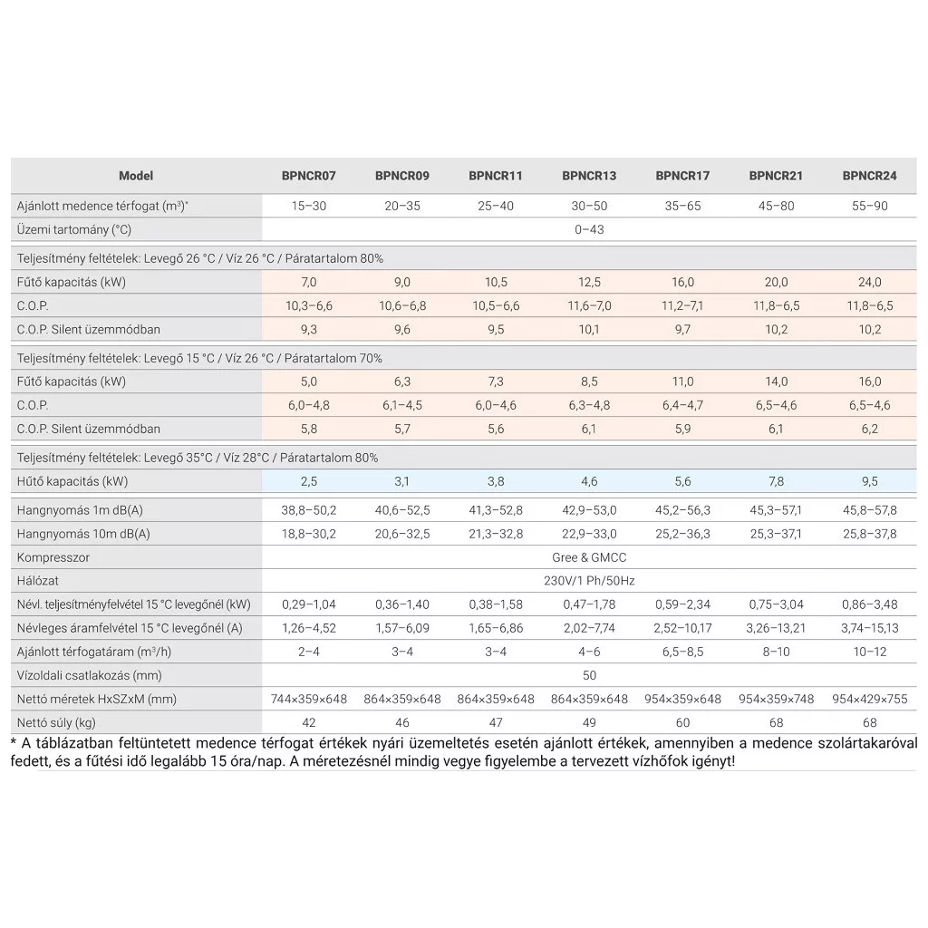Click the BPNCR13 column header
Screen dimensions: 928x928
click(x=589, y=176)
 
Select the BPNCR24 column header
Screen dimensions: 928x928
click(x=869, y=176)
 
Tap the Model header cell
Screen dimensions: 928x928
click(x=136, y=176)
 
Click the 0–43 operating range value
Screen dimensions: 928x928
click(x=589, y=229)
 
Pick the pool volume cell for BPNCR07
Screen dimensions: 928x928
click(x=309, y=206)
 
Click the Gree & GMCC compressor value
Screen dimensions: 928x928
click(x=589, y=557)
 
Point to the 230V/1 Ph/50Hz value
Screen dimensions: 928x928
click(x=589, y=581)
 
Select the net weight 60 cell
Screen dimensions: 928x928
click(x=682, y=722)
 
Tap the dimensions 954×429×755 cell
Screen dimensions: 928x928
click(x=869, y=699)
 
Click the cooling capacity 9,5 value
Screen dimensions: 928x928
click(x=869, y=481)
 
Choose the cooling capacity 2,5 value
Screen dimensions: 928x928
click(x=309, y=481)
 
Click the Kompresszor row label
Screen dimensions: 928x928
click(x=53, y=557)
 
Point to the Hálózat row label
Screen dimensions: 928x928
click(x=38, y=581)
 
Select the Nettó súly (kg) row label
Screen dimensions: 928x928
click(x=56, y=722)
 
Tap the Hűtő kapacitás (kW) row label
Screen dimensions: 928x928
click(x=72, y=481)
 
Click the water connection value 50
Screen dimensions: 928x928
click(x=589, y=675)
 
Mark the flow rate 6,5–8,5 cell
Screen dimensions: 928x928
click(x=682, y=652)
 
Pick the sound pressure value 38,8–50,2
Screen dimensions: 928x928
click(x=309, y=510)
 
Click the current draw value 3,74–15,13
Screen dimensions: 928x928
click(x=869, y=628)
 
